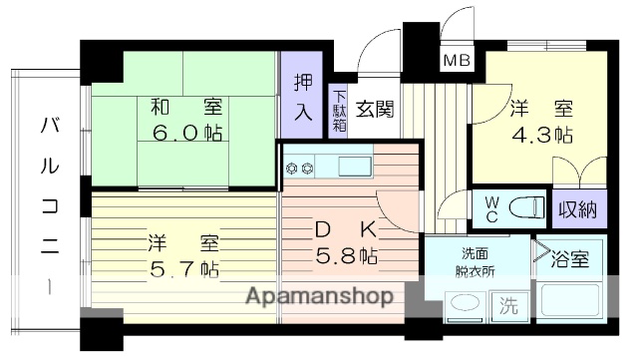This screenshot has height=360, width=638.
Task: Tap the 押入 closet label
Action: click(302, 97)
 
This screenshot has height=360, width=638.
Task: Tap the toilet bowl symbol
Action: click(526, 207)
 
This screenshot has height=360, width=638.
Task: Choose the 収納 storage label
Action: click(576, 209)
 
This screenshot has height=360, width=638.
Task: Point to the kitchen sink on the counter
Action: click(354, 166)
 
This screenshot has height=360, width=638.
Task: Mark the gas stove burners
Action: click(300, 168)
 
